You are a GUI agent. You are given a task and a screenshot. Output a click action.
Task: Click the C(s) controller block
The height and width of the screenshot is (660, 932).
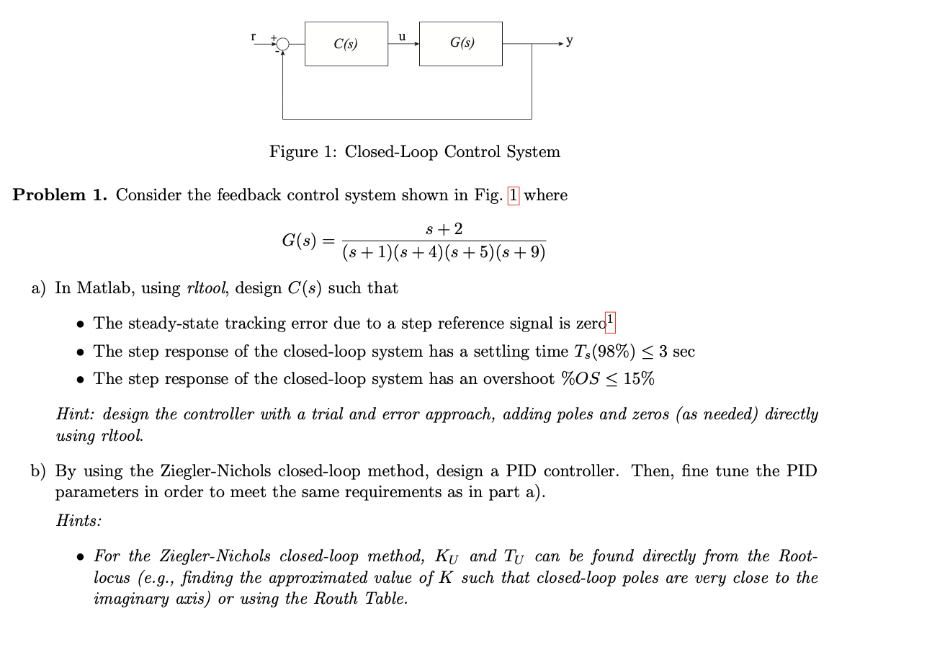pos(346,44)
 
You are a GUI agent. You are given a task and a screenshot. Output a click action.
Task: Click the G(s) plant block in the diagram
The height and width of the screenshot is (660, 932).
pos(461,44)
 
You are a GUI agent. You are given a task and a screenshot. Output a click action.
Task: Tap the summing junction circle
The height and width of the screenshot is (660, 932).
pos(283,45)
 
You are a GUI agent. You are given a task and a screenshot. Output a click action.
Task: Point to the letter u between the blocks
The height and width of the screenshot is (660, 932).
pos(402,35)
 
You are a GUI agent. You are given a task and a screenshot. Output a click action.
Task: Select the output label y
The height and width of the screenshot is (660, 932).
pos(570,41)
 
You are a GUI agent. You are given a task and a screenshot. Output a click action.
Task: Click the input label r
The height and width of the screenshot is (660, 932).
pos(253,36)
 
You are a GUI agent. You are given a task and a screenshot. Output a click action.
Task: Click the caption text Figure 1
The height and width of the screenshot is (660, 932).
pos(304,152)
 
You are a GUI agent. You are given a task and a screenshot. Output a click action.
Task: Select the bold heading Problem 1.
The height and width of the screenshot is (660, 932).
pos(60,195)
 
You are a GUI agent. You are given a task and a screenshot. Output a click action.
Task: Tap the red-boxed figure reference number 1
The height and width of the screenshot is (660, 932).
pos(513,195)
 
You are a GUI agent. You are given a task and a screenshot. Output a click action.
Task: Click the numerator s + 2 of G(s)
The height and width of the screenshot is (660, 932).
pos(444,229)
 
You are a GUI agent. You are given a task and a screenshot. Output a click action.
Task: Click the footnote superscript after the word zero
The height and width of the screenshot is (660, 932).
pos(611,319)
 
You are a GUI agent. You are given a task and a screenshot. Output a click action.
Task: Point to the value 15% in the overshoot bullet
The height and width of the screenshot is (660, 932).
pos(639,379)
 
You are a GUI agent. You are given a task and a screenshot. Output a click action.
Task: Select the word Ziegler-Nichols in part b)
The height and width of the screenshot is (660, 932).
pos(160,471)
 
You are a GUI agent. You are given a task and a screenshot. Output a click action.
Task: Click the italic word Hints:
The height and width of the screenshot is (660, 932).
pos(79,521)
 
